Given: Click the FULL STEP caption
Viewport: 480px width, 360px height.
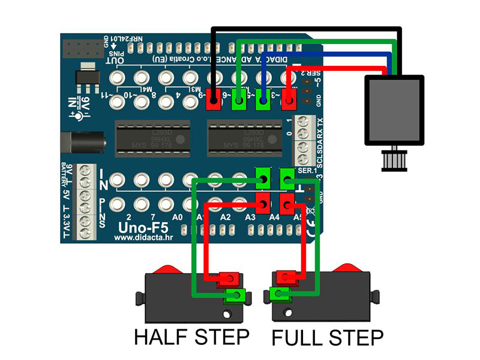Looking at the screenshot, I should (327, 337).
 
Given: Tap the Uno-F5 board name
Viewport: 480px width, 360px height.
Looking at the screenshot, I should (140, 227).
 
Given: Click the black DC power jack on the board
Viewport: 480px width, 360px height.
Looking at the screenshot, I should (88, 143).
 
